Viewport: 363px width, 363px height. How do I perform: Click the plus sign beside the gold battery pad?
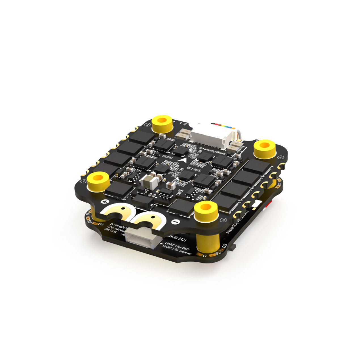(105, 202)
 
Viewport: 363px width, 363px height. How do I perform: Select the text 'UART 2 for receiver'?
(177, 250)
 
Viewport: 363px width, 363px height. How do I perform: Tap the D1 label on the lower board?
(100, 224)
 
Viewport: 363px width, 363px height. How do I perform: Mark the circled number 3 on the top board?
(223, 220)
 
